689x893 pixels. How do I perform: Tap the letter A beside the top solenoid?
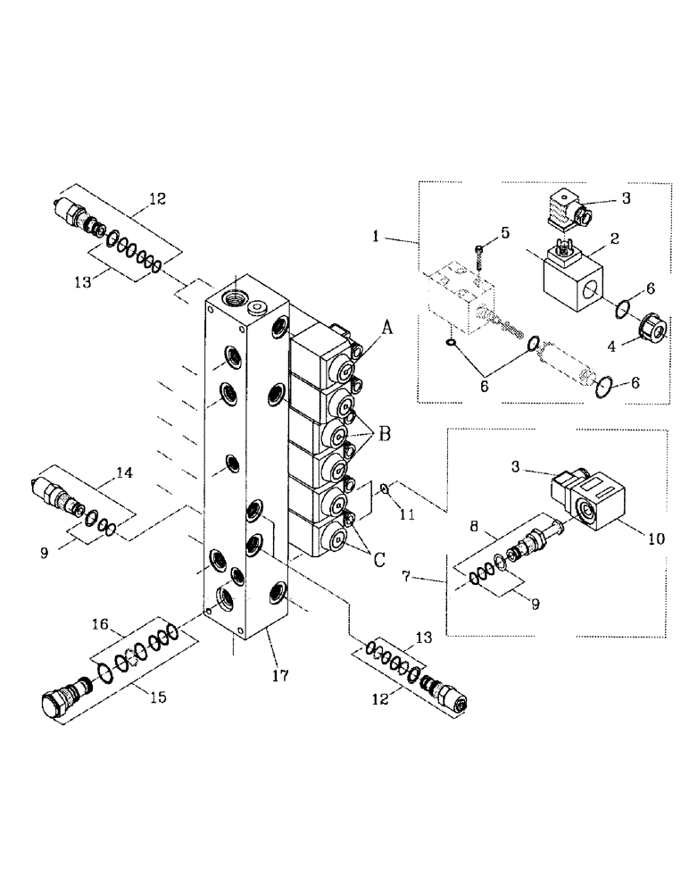387,328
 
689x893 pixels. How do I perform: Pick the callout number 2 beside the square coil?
615,238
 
